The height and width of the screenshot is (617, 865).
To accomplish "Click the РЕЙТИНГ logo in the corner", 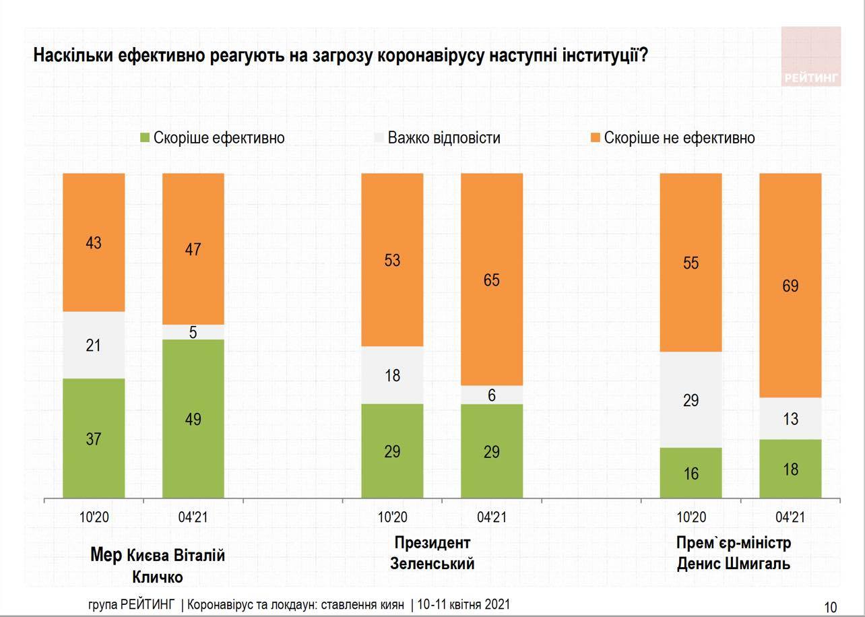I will tap(811, 57).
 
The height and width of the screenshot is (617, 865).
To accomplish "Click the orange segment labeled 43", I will tap(94, 242).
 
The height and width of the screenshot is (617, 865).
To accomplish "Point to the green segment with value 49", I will tap(193, 419).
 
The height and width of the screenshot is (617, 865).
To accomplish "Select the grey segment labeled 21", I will tap(94, 345).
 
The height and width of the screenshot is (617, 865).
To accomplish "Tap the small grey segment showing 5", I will tap(193, 332).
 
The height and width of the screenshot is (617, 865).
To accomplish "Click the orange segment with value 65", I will tap(492, 280).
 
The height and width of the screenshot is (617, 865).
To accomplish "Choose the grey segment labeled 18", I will tap(392, 375).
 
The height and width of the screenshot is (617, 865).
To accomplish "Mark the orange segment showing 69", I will tap(790, 286).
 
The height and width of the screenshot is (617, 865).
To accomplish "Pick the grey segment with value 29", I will tap(691, 400).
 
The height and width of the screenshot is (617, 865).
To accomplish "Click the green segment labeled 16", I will tap(691, 474).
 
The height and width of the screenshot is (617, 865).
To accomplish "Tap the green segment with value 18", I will tap(790, 469).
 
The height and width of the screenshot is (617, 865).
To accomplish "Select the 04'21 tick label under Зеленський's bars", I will tap(492, 518).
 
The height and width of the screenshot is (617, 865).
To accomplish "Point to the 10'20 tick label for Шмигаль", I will tap(691, 518).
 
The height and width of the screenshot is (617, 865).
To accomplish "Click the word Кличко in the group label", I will tap(157, 577).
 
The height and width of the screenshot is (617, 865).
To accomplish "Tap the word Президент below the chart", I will tap(433, 543).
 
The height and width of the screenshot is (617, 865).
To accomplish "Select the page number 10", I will tap(830, 607).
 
